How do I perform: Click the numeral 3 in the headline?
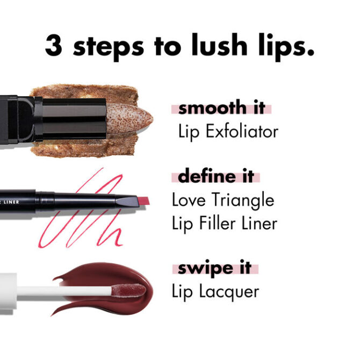54,45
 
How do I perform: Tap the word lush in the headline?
219,45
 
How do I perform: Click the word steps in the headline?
109,47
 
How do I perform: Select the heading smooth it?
221,107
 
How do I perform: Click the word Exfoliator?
242,131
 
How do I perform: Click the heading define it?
216,176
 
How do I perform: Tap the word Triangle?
243,200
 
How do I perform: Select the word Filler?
217,222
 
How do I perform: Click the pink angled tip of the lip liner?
143,201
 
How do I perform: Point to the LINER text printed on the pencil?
11,202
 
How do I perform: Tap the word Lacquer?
229,292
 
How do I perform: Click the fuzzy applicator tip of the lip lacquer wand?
128,291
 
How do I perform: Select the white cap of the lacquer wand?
8,291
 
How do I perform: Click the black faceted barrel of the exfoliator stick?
74,119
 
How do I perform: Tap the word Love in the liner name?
189,200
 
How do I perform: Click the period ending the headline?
311,53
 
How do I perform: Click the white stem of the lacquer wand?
64,291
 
